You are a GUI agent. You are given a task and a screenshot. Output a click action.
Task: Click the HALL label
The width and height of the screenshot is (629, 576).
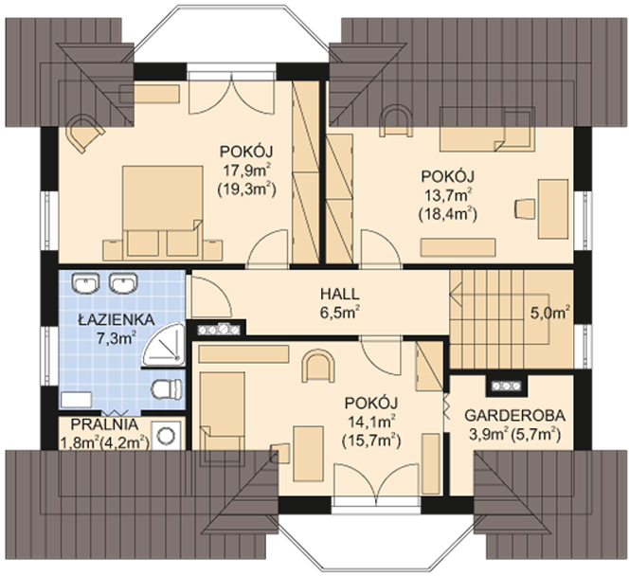click(339, 294)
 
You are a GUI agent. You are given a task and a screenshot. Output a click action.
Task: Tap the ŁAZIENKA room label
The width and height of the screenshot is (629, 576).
click(117, 319)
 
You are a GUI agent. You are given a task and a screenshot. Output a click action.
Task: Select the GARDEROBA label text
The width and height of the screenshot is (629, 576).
click(515, 416)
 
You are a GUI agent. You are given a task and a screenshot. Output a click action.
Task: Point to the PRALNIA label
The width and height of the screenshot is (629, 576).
click(105, 424)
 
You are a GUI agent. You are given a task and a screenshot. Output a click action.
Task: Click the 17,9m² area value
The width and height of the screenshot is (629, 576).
click(246, 171)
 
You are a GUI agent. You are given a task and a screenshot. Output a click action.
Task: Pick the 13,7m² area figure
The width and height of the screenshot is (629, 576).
click(448, 195)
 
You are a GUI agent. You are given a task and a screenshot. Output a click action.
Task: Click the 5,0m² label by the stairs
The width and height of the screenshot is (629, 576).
click(550, 314)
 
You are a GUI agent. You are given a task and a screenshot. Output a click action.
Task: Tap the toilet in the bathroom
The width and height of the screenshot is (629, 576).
click(168, 389)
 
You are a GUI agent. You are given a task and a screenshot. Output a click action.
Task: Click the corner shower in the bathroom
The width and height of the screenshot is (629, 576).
click(164, 345)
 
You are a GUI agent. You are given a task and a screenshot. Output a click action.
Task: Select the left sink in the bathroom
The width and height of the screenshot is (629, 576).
click(85, 282)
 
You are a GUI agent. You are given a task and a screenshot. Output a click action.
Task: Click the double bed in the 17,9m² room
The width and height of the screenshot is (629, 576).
click(163, 211)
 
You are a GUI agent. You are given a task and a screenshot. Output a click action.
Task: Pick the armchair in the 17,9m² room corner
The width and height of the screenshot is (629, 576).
click(85, 133)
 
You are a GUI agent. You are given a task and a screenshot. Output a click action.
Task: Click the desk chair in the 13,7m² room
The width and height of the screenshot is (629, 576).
click(525, 209)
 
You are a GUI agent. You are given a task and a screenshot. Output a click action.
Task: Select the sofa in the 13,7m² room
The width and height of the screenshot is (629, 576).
click(488, 129)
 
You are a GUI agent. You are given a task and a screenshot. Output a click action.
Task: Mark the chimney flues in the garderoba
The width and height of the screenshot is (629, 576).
click(506, 387)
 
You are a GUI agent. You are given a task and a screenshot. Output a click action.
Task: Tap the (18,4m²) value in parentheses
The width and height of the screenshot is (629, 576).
click(448, 215)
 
